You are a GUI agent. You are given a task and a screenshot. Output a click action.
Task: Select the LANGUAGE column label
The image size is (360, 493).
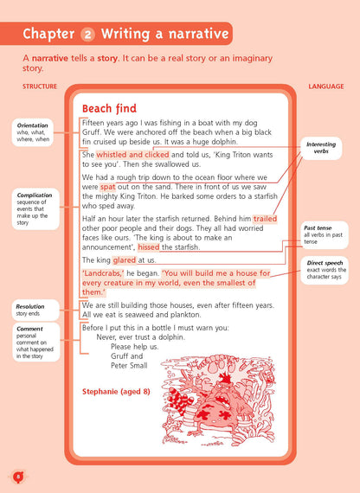(325, 86)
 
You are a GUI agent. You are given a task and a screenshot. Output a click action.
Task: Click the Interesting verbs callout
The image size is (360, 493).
(326, 148)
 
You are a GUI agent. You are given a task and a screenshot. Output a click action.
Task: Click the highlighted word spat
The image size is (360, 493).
(107, 186)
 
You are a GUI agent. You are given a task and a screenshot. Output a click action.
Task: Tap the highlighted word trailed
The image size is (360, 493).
(265, 220)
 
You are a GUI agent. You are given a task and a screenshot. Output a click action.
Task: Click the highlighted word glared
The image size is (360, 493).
(125, 259)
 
